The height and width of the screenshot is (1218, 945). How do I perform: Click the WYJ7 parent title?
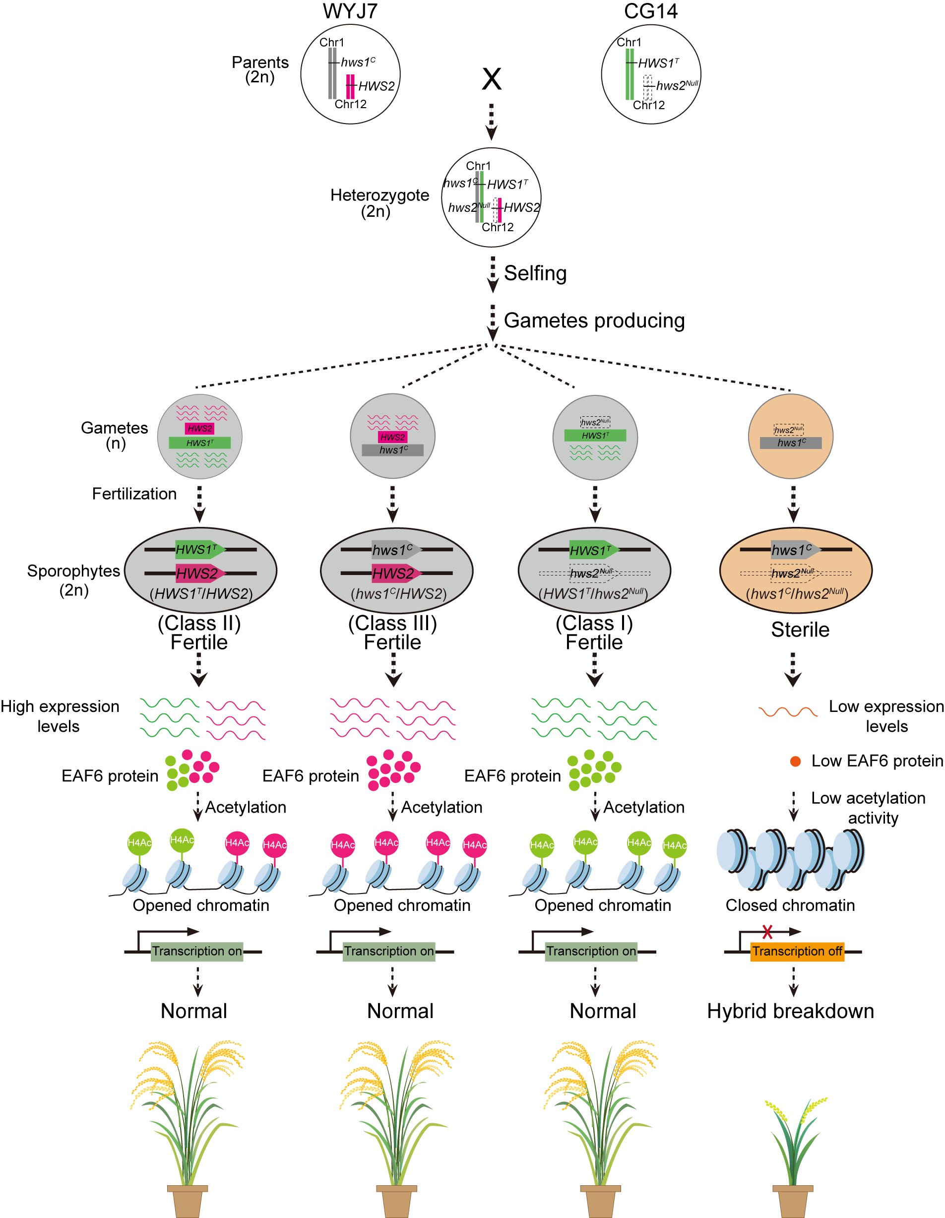point(350,11)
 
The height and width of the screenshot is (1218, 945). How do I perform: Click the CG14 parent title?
point(651,11)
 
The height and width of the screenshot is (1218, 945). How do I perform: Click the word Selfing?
point(535,273)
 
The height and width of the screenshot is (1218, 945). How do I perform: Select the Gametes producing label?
point(594,321)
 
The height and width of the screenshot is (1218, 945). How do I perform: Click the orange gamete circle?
point(790,437)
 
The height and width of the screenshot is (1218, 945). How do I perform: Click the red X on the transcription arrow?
point(767,931)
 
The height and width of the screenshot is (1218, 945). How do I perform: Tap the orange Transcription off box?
point(797,952)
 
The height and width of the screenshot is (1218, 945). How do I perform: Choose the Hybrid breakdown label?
point(790,1011)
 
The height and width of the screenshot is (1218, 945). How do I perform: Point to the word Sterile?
point(800,630)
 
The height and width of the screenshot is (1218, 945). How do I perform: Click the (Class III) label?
point(392,623)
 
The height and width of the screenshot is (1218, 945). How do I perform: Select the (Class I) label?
point(594,623)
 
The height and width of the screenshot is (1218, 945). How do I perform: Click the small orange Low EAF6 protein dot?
point(796,761)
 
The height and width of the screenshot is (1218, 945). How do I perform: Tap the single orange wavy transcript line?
point(788,711)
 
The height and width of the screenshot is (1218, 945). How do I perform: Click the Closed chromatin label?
point(790,905)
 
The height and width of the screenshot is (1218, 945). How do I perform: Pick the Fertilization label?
point(134,494)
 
